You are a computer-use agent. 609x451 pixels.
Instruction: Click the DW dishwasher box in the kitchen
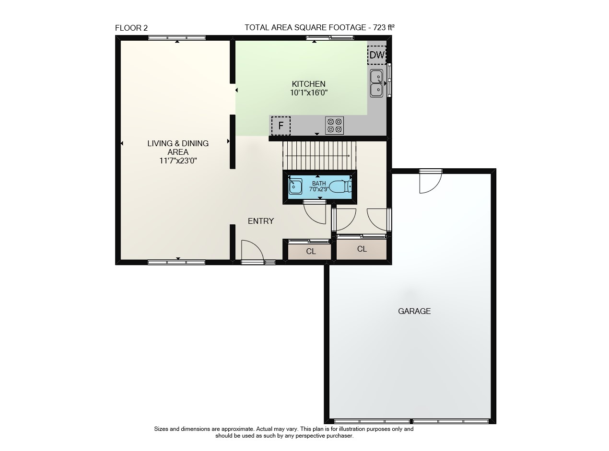(x=377, y=55)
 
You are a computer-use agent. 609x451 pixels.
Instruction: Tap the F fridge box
(x=281, y=126)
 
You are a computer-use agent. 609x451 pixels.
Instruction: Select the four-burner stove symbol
(x=334, y=126)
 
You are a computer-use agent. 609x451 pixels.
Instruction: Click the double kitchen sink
(x=376, y=83)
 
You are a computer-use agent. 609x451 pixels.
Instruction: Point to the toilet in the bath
(x=340, y=186)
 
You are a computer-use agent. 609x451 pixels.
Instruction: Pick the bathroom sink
(x=295, y=186)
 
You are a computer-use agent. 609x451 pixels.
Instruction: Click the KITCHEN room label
(x=308, y=84)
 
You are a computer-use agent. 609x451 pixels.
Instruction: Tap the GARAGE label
(x=414, y=311)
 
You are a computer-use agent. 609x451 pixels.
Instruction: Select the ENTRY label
(x=260, y=221)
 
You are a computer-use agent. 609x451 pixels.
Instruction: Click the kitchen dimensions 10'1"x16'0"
(x=309, y=93)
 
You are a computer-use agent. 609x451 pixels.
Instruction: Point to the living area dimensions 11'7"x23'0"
(x=178, y=161)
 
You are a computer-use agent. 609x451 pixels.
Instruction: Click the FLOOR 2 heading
(x=131, y=28)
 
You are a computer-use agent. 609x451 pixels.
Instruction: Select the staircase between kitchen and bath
(x=319, y=156)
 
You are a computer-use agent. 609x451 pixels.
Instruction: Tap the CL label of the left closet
(x=311, y=252)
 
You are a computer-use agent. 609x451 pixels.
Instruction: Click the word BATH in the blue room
(x=319, y=183)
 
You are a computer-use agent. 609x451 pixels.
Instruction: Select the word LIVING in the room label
(x=160, y=143)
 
